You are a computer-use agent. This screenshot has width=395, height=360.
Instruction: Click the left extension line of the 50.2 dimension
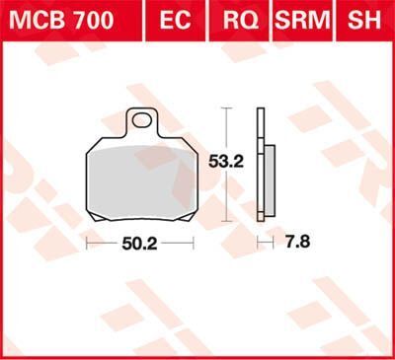tap(86, 240)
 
